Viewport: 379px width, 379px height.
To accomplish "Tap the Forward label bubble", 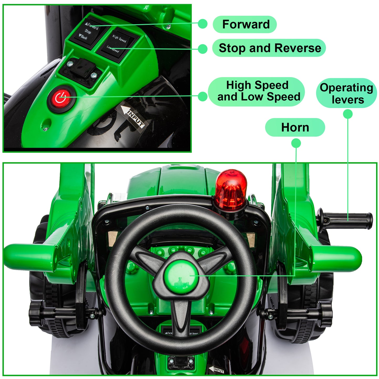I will (245, 24).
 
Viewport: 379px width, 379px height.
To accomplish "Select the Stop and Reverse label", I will (269, 48).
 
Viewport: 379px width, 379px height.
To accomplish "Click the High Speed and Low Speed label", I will (257, 91).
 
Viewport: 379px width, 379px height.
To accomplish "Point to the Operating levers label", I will (346, 93).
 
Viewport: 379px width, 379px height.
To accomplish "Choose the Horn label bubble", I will (295, 127).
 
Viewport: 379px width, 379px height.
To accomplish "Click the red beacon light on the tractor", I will (231, 190).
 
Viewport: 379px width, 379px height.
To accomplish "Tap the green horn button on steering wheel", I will (181, 277).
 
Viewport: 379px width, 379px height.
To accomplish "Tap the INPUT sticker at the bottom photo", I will (216, 370).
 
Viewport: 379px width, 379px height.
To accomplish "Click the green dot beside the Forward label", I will (202, 24).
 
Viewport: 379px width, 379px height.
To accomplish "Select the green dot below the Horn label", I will (296, 143).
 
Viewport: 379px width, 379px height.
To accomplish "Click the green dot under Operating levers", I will (348, 114).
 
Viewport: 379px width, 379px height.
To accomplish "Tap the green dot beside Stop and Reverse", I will (202, 49).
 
